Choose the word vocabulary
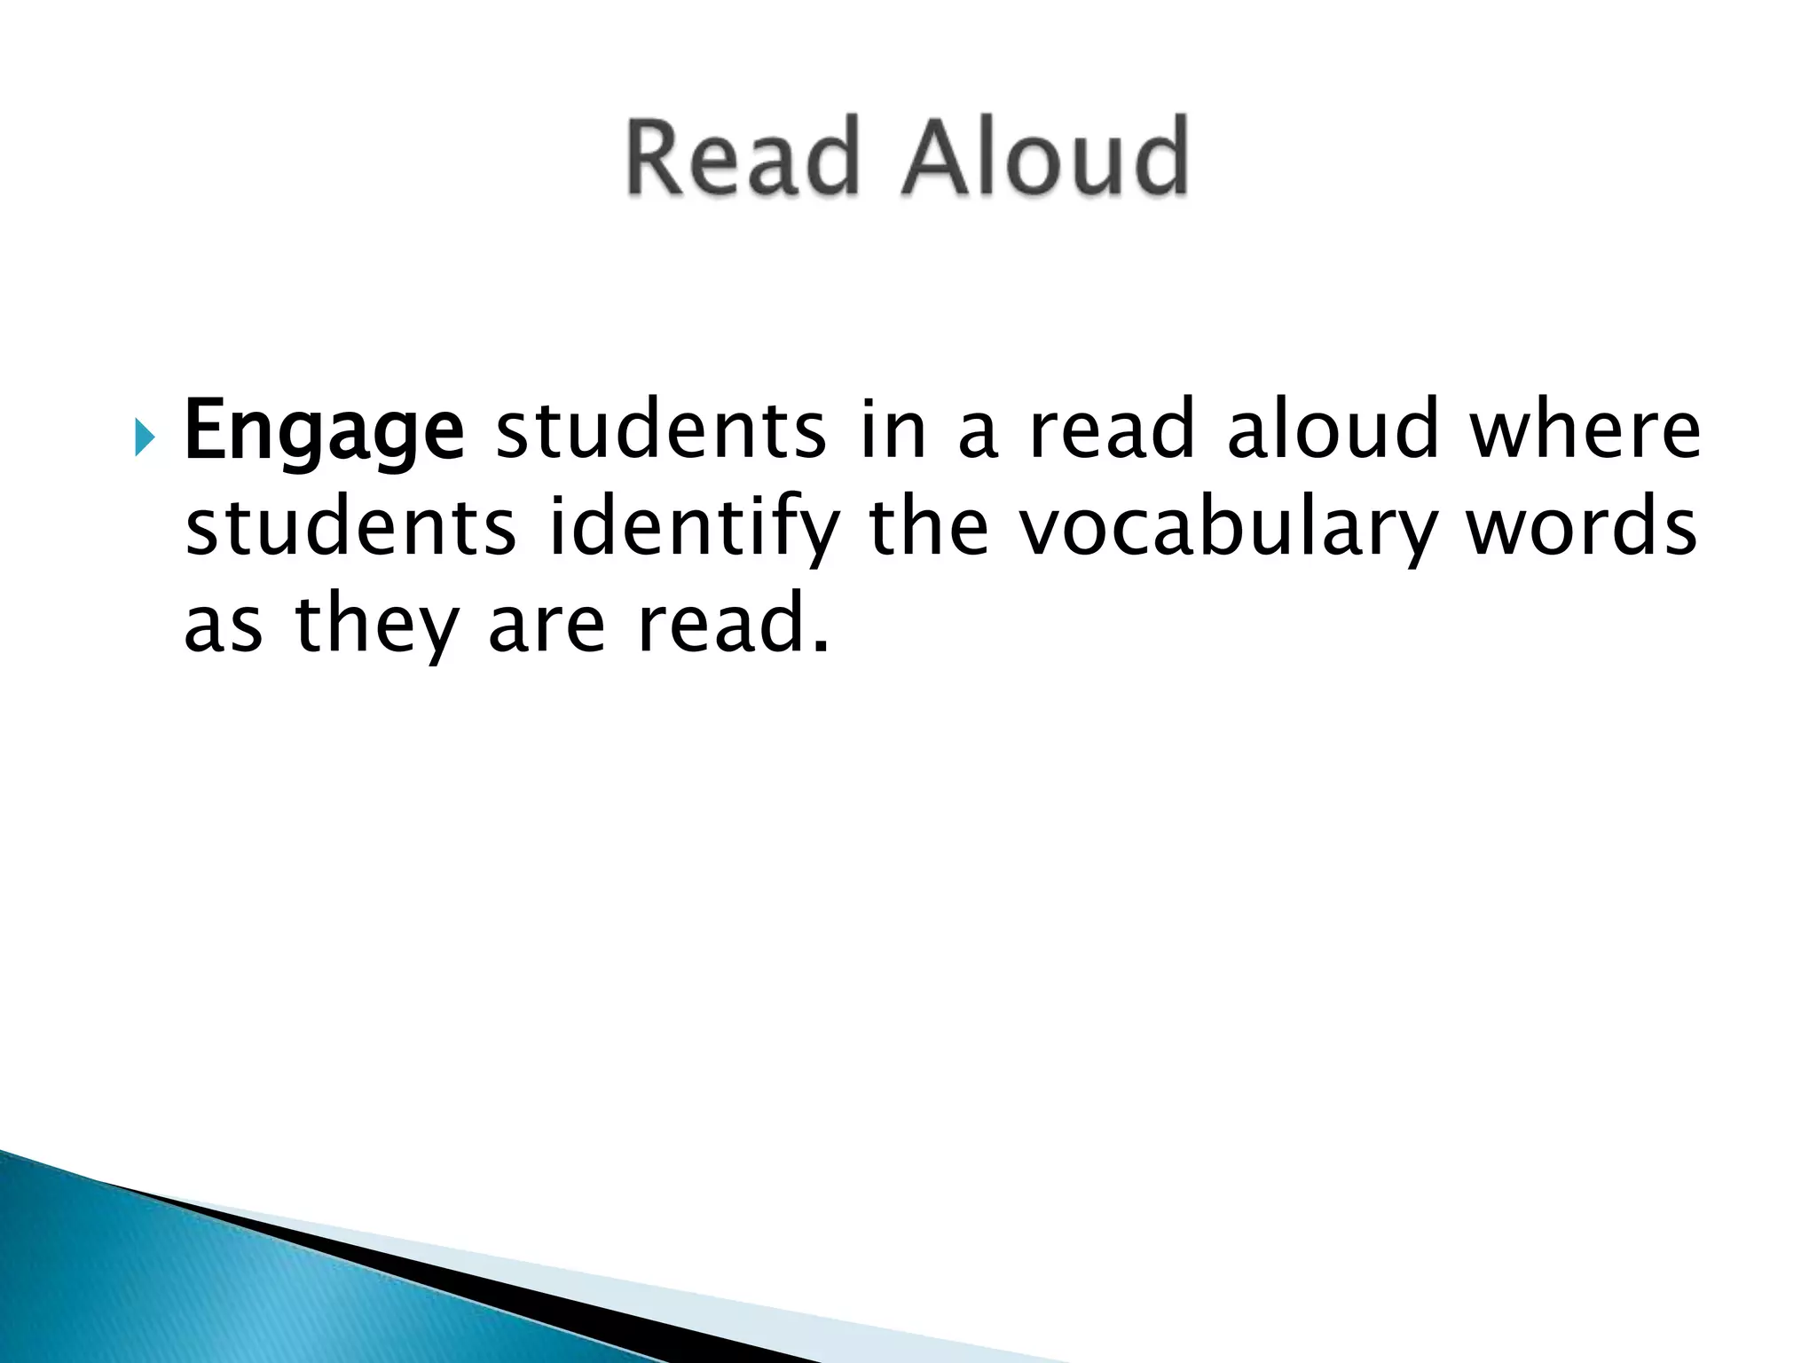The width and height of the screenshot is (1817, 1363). pos(1225,529)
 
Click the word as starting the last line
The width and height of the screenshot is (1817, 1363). pos(223,625)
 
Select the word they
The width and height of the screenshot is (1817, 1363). pos(374,626)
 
